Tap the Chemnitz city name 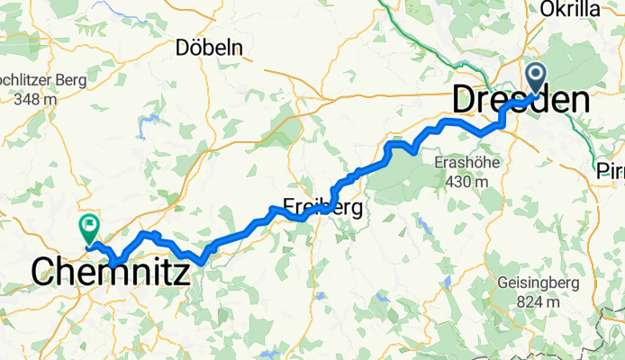click(x=111, y=271)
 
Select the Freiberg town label click(x=322, y=208)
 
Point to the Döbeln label click(x=210, y=48)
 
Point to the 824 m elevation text click(x=537, y=301)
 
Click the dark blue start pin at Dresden click(x=535, y=79)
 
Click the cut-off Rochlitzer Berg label click(x=42, y=80)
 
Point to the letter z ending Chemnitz click(x=182, y=271)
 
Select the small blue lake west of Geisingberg click(x=448, y=283)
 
